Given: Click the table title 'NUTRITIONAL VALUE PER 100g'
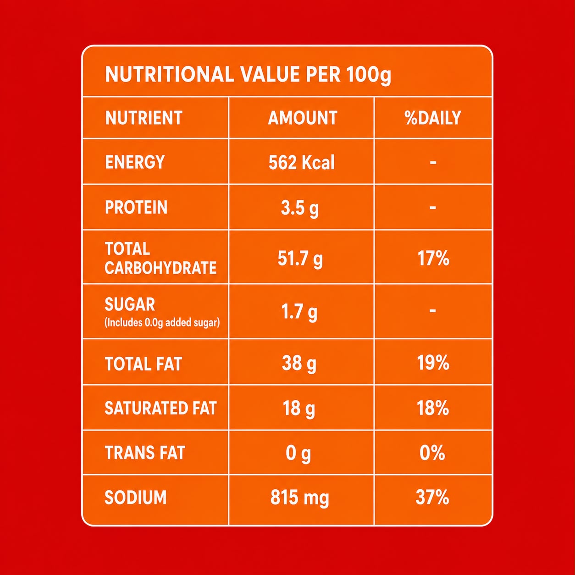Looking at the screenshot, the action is coord(248,75).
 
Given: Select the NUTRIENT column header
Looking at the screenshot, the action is coord(144,118).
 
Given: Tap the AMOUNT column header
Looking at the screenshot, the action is coord(302,118).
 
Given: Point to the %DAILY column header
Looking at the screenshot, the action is coord(433,118).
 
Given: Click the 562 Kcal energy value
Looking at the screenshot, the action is coord(301,163).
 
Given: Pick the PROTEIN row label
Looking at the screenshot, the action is coord(136,207).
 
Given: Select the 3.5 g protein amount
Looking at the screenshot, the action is coord(299,209).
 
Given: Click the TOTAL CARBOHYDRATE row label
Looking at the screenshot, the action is coord(160,258).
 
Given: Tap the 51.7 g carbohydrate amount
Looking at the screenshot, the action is coord(300,259).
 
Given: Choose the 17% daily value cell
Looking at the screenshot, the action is coord(433,259).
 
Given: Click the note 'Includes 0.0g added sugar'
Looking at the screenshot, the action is coord(162,322).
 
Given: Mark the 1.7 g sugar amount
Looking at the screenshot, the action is coord(299,312).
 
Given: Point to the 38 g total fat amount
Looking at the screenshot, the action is coord(299,364).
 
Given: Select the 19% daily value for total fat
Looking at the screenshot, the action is coord(433,363).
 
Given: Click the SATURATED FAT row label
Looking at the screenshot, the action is coord(160,408).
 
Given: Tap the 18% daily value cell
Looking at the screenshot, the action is coord(433,408).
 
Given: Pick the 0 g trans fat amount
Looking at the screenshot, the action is coord(298,454).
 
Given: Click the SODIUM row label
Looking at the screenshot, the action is coord(135,498).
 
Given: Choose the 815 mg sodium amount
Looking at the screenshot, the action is coord(299,498).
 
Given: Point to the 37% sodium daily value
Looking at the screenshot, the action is coord(432,498).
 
